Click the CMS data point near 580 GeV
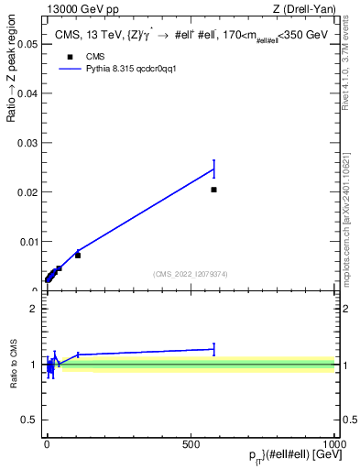coord(213,190)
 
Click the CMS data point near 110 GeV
coord(78,255)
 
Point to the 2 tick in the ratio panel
coord(33,309)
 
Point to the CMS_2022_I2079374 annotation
coord(191,272)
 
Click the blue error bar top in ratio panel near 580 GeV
coord(213,344)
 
